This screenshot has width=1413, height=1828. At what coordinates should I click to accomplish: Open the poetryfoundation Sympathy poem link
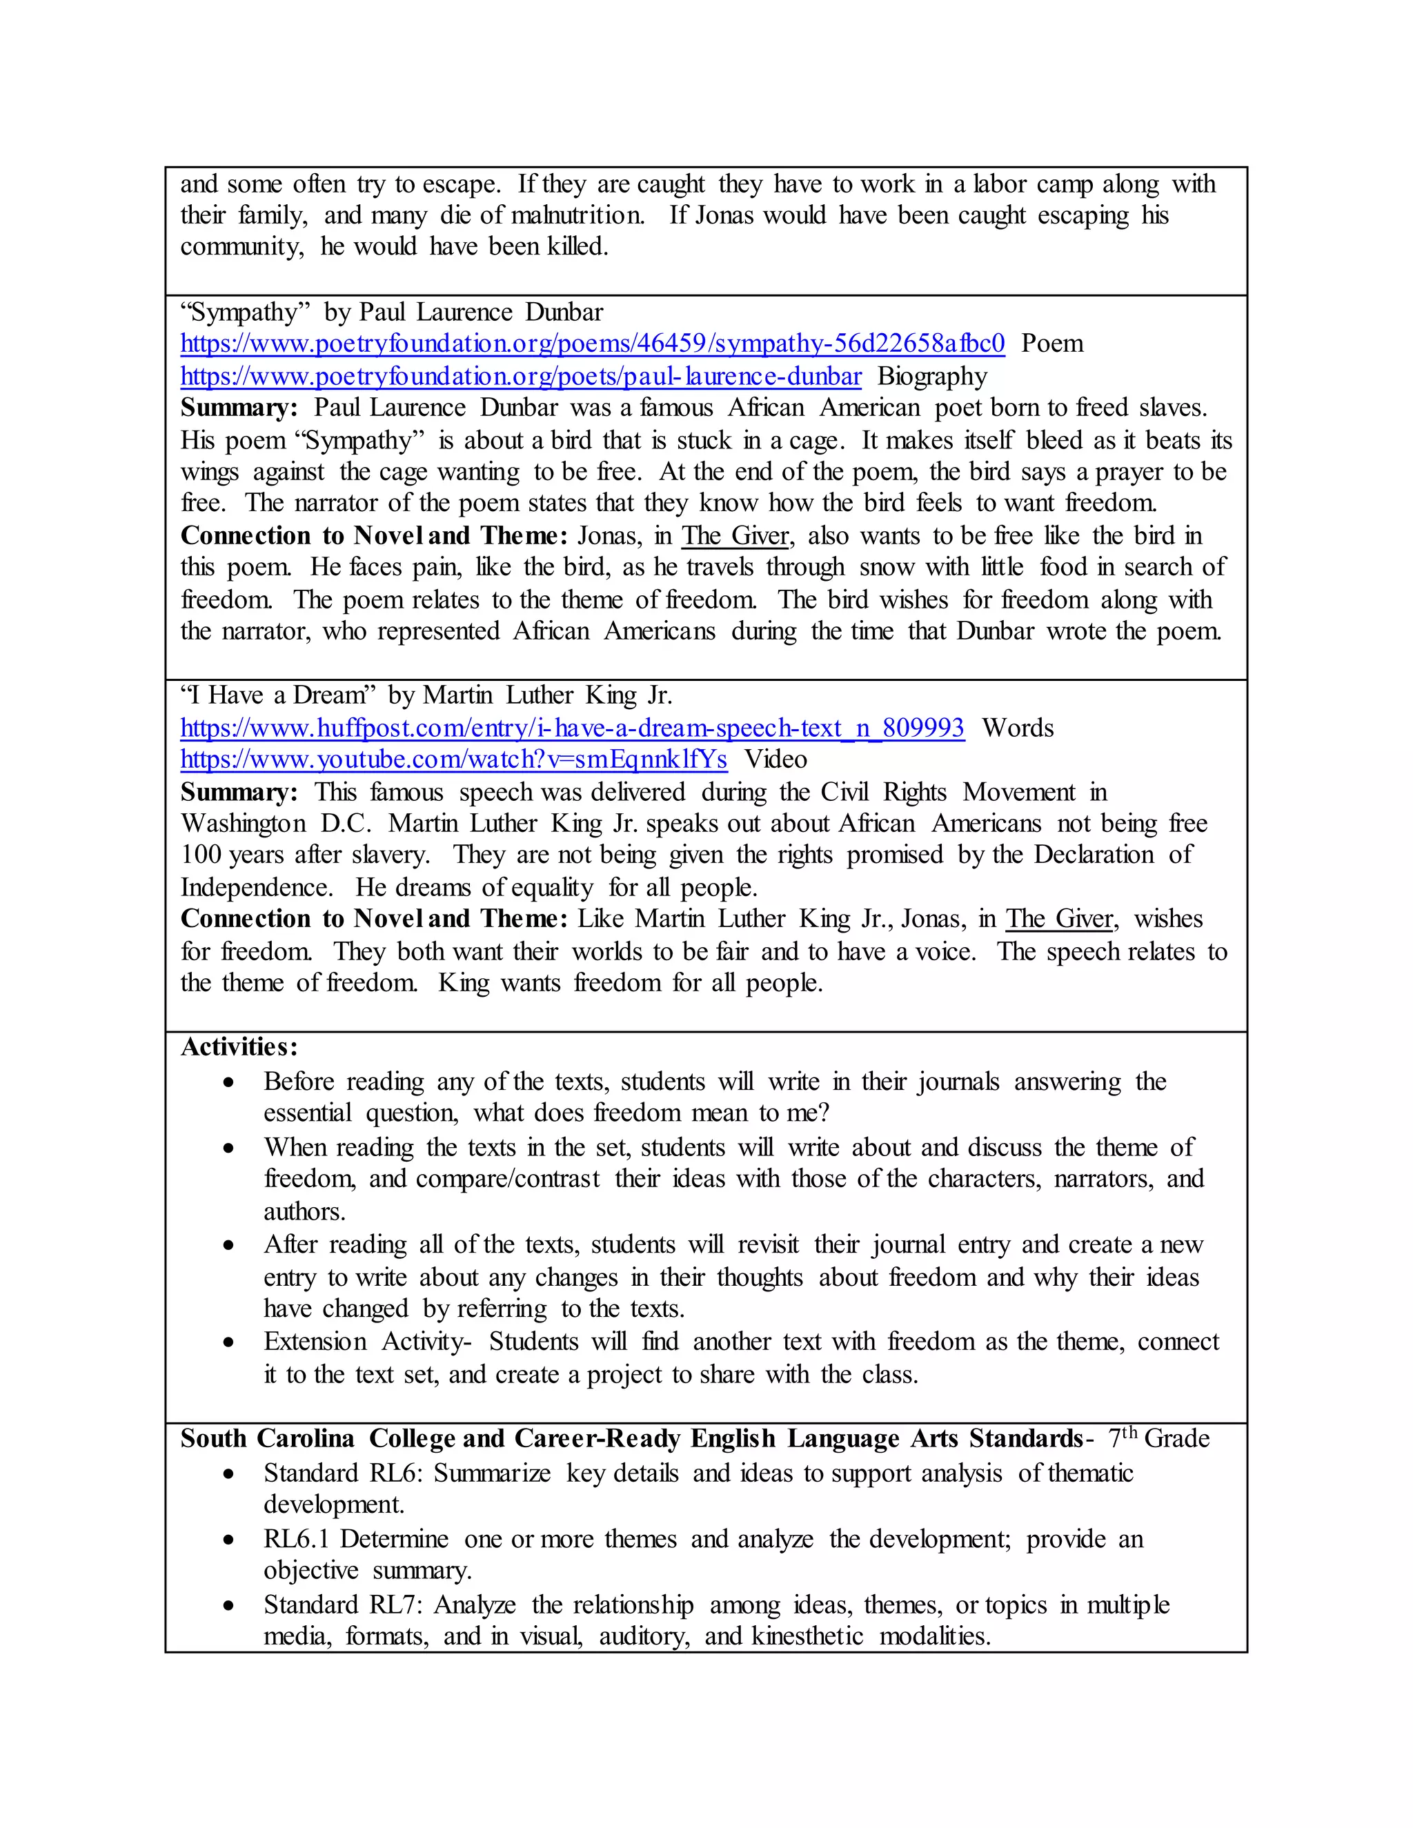(592, 344)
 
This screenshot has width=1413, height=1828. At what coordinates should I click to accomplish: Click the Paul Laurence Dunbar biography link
(521, 377)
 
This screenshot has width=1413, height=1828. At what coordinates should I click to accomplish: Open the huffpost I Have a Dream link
(572, 728)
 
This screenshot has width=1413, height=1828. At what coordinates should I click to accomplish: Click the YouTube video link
(454, 760)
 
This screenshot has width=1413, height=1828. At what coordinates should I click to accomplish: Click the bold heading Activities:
(239, 1047)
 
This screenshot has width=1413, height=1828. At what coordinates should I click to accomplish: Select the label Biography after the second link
(931, 377)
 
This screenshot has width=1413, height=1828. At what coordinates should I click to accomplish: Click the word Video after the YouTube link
(776, 760)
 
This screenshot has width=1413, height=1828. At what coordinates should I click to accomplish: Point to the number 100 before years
(200, 855)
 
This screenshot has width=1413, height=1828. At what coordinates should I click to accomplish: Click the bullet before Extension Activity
(228, 1342)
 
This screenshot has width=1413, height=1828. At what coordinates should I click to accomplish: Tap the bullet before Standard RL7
(228, 1606)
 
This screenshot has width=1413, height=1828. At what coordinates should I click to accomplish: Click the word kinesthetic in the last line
(807, 1636)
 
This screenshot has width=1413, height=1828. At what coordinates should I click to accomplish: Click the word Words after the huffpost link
(1017, 728)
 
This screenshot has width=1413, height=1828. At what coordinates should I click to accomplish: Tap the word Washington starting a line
(243, 824)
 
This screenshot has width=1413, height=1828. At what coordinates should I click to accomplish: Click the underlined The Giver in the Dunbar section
(734, 536)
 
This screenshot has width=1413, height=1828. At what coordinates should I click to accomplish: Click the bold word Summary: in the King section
(239, 793)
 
